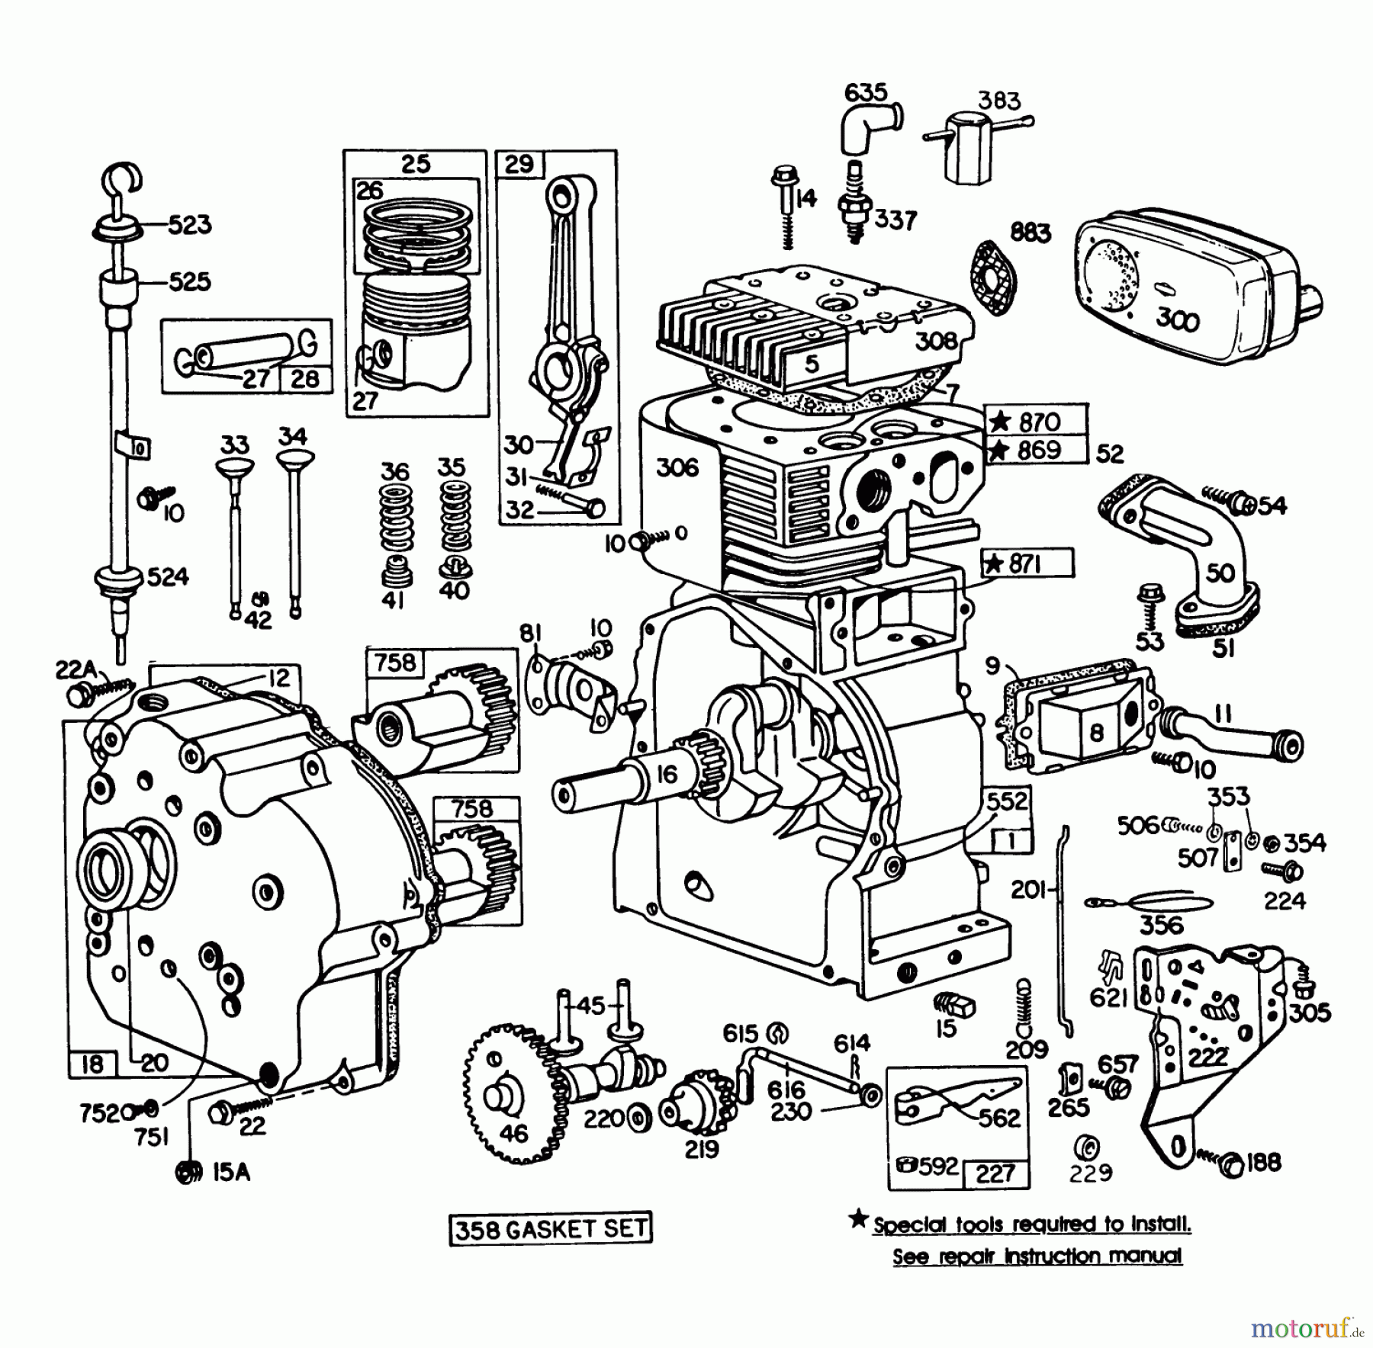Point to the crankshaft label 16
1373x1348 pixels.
666,775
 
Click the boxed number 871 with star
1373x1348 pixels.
1027,565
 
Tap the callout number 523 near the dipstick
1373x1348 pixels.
188,225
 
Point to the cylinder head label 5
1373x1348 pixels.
812,364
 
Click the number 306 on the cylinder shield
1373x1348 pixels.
677,467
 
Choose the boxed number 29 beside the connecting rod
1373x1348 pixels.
519,165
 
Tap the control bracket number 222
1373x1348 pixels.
1207,1057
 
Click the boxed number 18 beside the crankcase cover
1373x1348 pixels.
92,1064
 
